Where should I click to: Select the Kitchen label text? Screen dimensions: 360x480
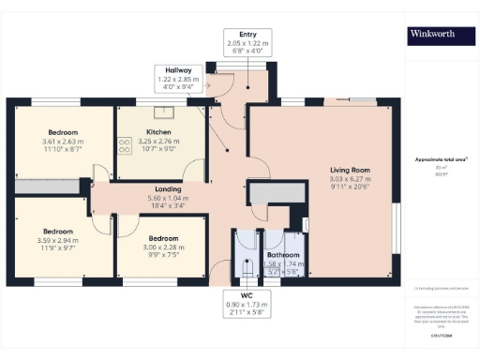[158, 132]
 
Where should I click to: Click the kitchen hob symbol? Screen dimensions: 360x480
[124, 144]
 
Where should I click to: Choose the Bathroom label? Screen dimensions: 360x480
[282, 254]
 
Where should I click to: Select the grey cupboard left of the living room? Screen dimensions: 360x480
[276, 194]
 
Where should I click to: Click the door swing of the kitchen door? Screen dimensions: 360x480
[194, 172]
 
